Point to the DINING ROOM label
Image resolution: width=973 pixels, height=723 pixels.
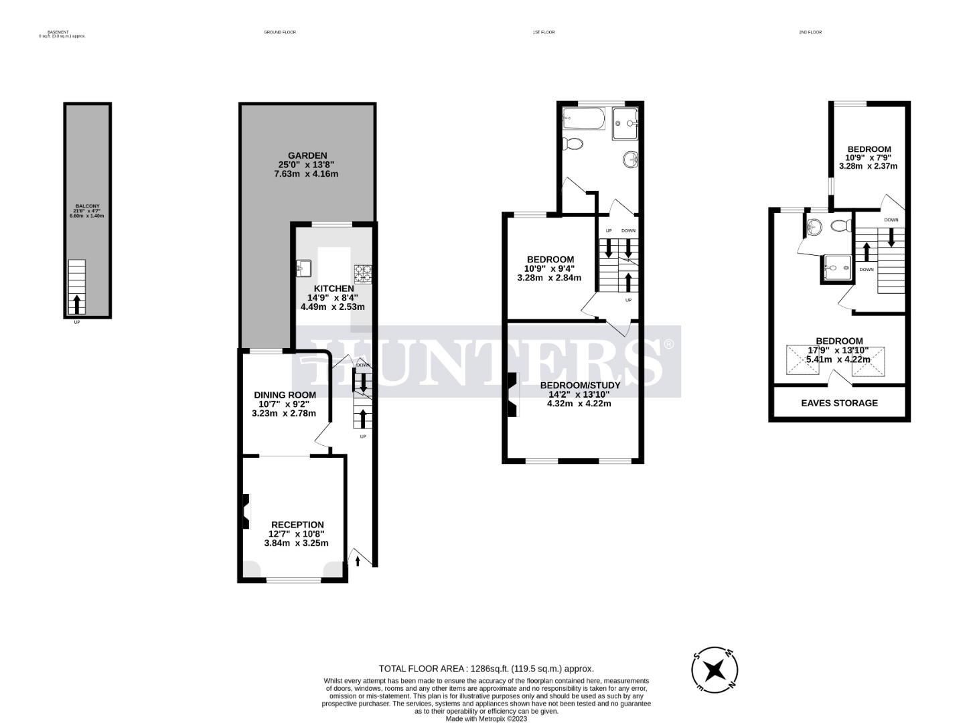click(284, 395)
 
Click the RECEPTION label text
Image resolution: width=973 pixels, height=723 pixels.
click(297, 525)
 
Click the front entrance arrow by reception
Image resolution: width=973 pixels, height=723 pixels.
click(358, 560)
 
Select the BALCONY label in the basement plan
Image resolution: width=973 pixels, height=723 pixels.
click(87, 206)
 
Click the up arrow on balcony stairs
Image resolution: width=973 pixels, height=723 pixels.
click(77, 305)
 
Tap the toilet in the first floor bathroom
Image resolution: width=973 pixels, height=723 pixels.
click(573, 144)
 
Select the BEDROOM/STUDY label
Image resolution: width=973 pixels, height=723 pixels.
click(580, 385)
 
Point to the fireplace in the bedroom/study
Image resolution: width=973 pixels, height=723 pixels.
click(512, 395)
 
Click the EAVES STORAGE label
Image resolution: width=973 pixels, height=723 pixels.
click(839, 403)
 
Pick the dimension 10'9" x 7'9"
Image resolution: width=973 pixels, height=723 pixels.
click(869, 158)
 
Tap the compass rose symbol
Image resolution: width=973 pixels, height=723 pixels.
click(715, 669)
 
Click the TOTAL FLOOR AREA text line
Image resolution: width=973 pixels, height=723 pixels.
click(486, 668)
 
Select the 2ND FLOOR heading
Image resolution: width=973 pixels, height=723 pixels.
click(810, 32)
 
